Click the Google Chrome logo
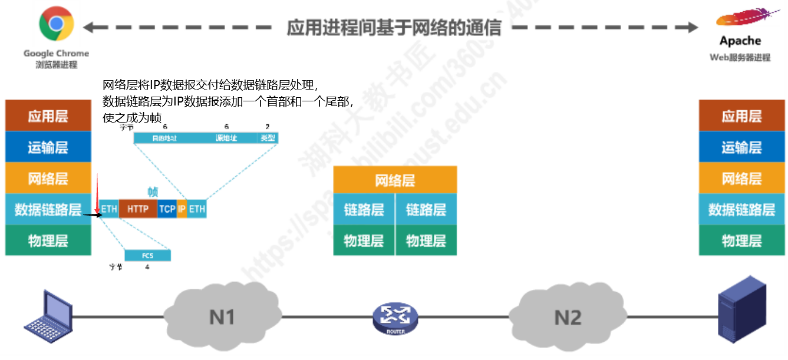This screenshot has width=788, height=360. coord(56,24)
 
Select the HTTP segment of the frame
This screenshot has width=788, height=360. coord(138,209)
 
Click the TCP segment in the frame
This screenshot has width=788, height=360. coord(167,209)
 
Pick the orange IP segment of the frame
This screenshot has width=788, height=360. coord(182,209)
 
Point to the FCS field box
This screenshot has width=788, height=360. coord(147,256)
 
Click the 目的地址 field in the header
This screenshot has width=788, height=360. coord(165,138)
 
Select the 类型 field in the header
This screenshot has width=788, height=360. coord(268,138)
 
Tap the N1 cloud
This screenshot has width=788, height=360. coord(222,317)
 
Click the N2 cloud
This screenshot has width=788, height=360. coord(568,317)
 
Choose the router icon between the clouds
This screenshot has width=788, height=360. coord(395,319)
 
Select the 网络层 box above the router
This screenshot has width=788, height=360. coord(395,180)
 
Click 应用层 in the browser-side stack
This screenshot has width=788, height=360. coord(48,116)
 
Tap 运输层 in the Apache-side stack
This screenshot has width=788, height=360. coord(741,147)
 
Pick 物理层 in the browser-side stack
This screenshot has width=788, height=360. coord(48,240)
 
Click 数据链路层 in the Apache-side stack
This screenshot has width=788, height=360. coord(741,209)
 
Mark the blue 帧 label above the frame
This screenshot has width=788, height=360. coord(153,191)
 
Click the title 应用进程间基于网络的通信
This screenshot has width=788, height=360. coord(394,27)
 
